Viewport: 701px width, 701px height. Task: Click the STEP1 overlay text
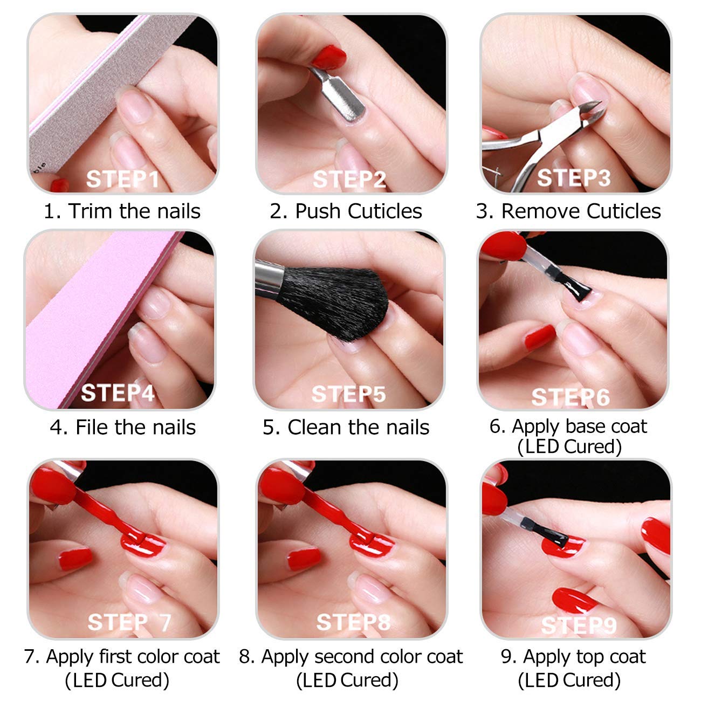(122, 179)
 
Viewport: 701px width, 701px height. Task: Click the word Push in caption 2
(318, 211)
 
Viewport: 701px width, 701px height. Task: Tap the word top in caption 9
(588, 657)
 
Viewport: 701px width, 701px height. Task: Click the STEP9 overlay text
(578, 626)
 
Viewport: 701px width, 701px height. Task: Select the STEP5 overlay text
(348, 394)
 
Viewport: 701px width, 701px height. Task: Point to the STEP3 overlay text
(574, 178)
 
